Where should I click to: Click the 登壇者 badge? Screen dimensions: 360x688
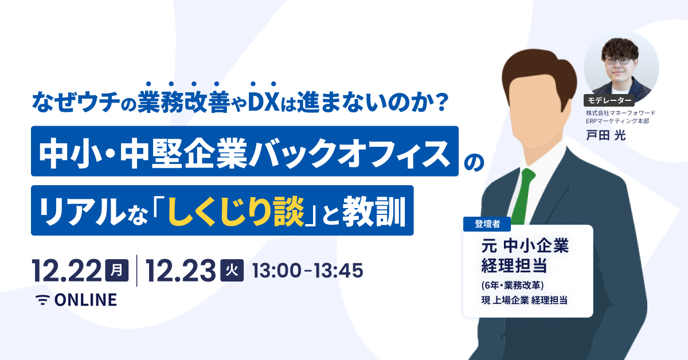coord(483,224)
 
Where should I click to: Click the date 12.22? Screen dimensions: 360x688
coord(67,270)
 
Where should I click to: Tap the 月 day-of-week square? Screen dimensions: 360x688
coord(117,270)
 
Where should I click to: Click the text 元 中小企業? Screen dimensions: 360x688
coord(524,247)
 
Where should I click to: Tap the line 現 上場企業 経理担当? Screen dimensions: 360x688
coord(524,299)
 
